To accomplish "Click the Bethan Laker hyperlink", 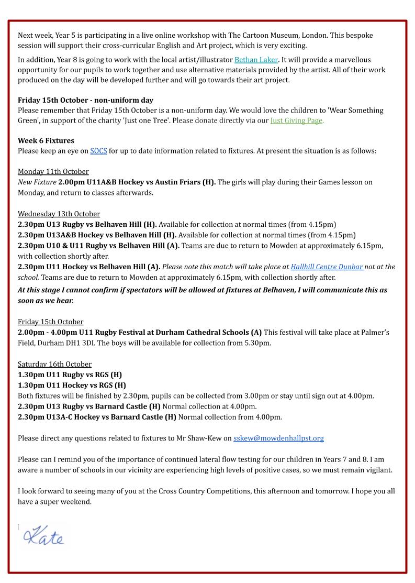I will pyautogui.click(x=256, y=60).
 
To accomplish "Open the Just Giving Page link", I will pyautogui.click(x=297, y=120).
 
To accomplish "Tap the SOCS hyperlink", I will pyautogui.click(x=98, y=151).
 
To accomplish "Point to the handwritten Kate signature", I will pyautogui.click(x=43, y=536).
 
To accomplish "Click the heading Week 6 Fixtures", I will pyautogui.click(x=46, y=140).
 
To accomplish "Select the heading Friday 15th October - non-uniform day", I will pyautogui.click(x=85, y=100).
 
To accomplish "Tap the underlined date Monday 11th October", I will pyautogui.click(x=53, y=172).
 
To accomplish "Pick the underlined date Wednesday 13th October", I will pyautogui.click(x=59, y=214).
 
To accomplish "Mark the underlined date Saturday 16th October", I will pyautogui.click(x=54, y=364).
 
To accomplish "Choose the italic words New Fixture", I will pyautogui.click(x=37, y=182).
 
